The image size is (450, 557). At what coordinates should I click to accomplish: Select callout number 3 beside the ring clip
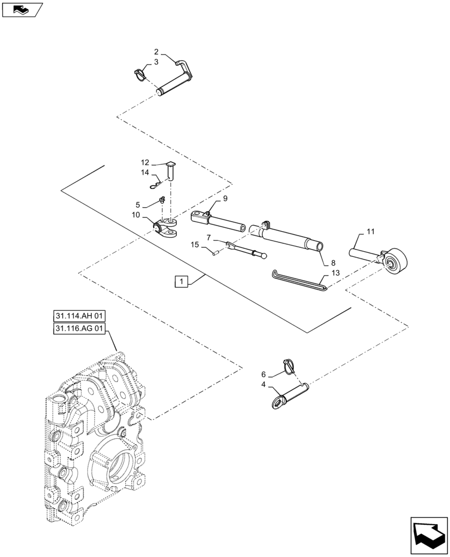tap(156, 62)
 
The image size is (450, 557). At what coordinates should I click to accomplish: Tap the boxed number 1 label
tap(181, 281)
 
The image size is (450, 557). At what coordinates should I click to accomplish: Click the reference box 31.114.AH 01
tap(80, 316)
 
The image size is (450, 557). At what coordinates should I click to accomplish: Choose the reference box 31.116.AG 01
tap(80, 329)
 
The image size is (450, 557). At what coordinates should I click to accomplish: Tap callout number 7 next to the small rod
tap(208, 238)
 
